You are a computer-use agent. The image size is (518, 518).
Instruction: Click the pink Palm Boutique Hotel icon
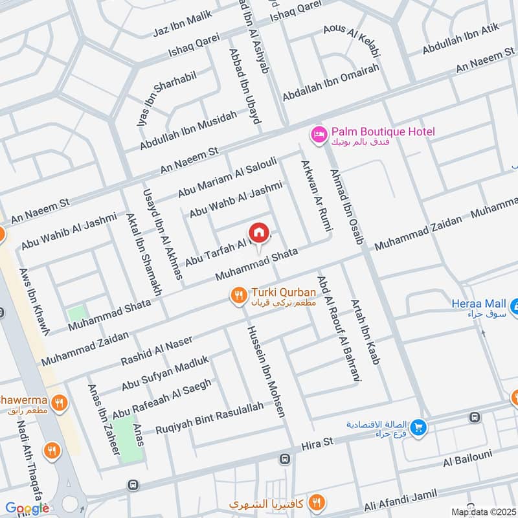click(319, 135)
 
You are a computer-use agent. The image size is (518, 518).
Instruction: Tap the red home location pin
click(258, 232)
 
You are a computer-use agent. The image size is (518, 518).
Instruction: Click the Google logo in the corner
click(28, 508)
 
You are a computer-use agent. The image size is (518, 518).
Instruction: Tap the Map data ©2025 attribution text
click(484, 512)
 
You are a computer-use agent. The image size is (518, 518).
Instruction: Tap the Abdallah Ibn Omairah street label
click(330, 82)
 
